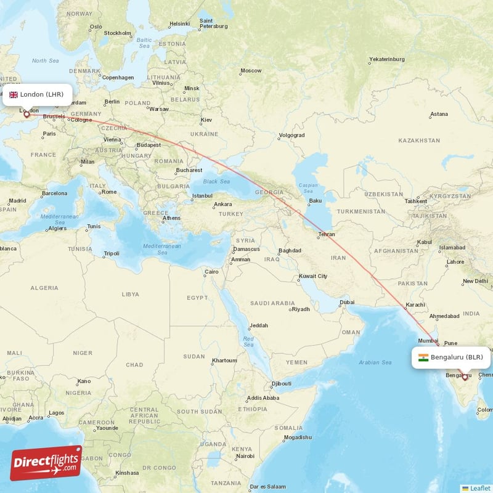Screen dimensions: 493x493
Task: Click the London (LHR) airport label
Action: pyautogui.click(x=41, y=94)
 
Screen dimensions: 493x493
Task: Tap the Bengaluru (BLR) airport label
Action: pyautogui.click(x=457, y=357)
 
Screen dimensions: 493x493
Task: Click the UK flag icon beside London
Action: pyautogui.click(x=14, y=94)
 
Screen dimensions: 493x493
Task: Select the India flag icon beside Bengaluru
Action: pyautogui.click(x=423, y=357)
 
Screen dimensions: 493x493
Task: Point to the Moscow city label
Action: pyautogui.click(x=251, y=70)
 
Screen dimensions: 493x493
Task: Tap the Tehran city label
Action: pyautogui.click(x=327, y=235)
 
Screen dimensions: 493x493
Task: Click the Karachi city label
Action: pyautogui.click(x=416, y=304)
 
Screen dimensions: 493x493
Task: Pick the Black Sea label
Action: pyautogui.click(x=216, y=181)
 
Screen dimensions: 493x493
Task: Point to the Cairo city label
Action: pyautogui.click(x=211, y=272)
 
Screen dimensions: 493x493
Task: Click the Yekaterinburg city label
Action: pyautogui.click(x=386, y=59)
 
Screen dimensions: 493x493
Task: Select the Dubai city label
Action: pyautogui.click(x=346, y=302)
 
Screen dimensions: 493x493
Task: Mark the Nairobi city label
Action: pyautogui.click(x=245, y=456)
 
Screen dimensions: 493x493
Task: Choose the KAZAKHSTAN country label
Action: pyautogui.click(x=419, y=141)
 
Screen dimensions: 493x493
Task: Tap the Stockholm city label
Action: pyautogui.click(x=118, y=33)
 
